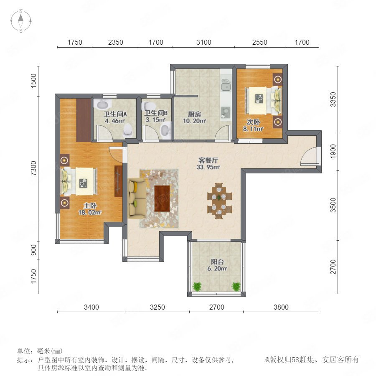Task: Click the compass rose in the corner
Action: [x=21, y=20]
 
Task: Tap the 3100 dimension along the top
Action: [x=203, y=43]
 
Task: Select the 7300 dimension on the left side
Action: [x=33, y=168]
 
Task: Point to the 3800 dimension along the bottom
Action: [x=281, y=307]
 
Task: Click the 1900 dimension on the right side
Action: [x=333, y=151]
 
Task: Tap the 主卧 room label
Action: [x=90, y=206]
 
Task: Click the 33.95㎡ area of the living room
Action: [x=208, y=167]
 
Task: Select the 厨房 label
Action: [x=194, y=114]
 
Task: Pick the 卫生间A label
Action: [x=115, y=114]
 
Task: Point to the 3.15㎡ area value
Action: [x=156, y=119]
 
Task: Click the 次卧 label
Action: [x=253, y=122]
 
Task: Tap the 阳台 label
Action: [x=217, y=262]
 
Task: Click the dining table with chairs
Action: [x=220, y=201]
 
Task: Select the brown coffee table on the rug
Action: [x=162, y=198]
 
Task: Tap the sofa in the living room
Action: [x=137, y=198]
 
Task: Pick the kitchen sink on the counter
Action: [x=226, y=85]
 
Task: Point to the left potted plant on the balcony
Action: [x=197, y=286]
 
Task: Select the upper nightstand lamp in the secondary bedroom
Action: [x=278, y=79]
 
